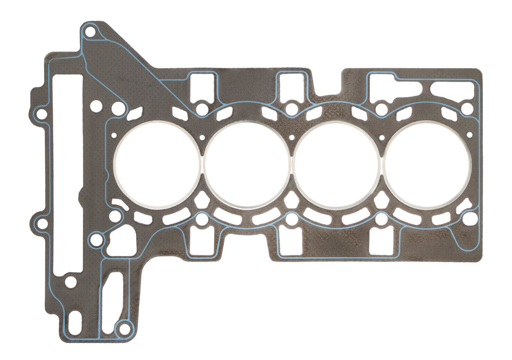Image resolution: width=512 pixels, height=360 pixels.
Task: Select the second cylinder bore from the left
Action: [247, 165]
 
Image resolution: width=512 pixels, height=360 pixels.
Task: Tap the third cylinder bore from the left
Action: [337, 165]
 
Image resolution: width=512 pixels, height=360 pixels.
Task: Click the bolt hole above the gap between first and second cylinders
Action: [202, 109]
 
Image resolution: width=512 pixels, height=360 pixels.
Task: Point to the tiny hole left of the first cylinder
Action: [114, 136]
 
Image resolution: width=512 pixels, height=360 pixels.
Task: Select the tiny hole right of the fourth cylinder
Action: [469, 135]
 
